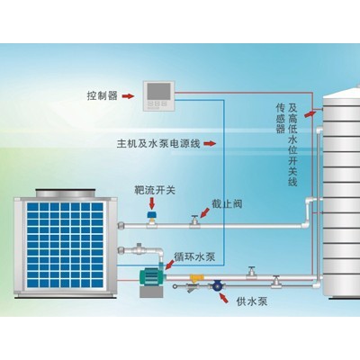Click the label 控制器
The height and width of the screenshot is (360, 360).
pos(102,96)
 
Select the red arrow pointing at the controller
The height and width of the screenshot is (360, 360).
pos(128,96)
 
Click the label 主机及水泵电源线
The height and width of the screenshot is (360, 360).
pos(158,143)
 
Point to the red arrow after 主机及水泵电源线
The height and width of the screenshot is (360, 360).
pos(210,144)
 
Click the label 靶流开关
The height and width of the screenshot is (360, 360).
pos(155,190)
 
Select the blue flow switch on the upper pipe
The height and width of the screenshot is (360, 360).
pos(152,214)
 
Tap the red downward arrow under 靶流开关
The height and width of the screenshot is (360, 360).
pos(152,203)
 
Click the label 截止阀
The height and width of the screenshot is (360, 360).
pos(227,204)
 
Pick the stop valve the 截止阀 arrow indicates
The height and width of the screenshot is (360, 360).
pos(194,222)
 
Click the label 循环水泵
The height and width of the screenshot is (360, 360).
pos(194,257)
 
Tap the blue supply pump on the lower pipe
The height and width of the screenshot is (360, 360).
pos(216,285)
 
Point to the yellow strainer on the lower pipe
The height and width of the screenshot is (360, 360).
pos(195,279)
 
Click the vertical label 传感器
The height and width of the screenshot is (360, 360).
pos(280,118)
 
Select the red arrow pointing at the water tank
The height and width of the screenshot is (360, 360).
pos(310,113)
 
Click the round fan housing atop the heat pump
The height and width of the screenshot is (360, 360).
pos(66,193)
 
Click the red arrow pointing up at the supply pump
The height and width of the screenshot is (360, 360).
pos(223,298)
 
